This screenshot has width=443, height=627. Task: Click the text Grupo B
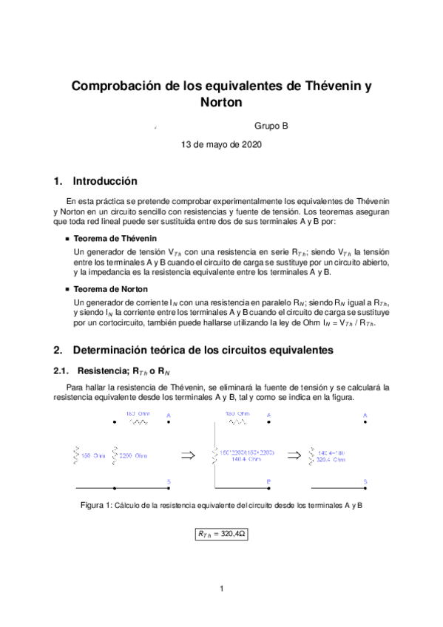[x=271, y=126]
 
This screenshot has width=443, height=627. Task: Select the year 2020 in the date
[x=250, y=145]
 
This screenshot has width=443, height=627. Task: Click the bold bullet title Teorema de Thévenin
[x=115, y=240]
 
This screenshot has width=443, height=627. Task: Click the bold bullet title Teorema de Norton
[x=111, y=289]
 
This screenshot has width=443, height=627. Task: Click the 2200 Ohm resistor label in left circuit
[x=134, y=455]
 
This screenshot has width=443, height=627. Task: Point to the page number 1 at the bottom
[x=221, y=589]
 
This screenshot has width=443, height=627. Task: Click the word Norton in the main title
[x=221, y=103]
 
